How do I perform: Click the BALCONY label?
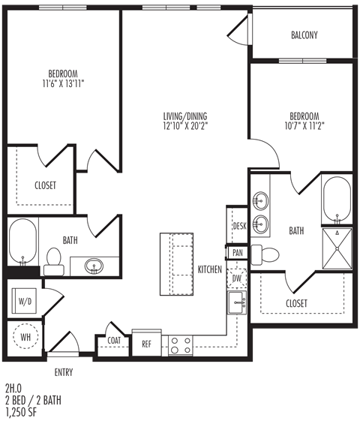pos(304,35)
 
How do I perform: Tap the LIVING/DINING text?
pos(184,116)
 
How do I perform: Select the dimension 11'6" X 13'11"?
pos(63,83)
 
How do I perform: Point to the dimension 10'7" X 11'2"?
pos(304,126)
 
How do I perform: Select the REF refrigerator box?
pos(146,344)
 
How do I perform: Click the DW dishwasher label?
pos(237,278)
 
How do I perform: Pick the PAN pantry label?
pos(237,253)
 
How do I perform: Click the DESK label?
pos(239,226)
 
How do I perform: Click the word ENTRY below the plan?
pos(64,371)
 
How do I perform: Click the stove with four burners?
pos(181,344)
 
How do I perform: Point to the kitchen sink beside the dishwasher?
pos(238,304)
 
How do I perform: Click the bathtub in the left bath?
pos(22,243)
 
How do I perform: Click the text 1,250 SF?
pos(23,412)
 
